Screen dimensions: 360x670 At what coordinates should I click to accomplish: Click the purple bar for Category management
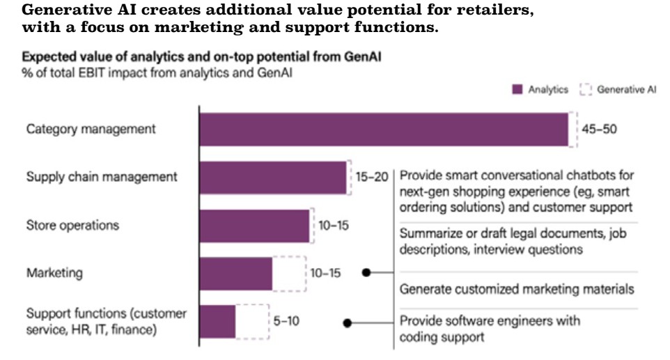click(x=383, y=129)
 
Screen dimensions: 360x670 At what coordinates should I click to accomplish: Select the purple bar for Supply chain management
click(x=273, y=177)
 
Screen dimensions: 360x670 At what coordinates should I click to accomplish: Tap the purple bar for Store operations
click(x=254, y=225)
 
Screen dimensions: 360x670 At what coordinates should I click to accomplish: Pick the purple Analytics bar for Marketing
click(x=235, y=273)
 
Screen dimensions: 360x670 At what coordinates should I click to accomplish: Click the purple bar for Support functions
click(x=217, y=321)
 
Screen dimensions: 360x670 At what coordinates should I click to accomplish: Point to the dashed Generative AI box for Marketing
click(x=288, y=273)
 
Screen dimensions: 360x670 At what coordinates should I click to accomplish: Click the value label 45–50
click(x=599, y=130)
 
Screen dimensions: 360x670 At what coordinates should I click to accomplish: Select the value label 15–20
click(x=371, y=177)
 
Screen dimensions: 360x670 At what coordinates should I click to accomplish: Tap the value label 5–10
click(x=286, y=321)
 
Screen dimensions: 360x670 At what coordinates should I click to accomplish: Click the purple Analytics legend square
click(x=517, y=90)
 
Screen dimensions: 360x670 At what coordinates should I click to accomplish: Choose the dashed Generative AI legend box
click(x=585, y=90)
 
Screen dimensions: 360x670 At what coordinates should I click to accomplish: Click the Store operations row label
click(x=72, y=225)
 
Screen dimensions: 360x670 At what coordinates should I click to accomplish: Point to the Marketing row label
click(x=54, y=273)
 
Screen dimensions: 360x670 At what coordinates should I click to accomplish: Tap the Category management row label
click(x=91, y=130)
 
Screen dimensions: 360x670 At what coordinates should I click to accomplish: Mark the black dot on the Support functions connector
click(x=347, y=322)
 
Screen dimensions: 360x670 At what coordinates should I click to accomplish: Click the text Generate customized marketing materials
click(x=516, y=289)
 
